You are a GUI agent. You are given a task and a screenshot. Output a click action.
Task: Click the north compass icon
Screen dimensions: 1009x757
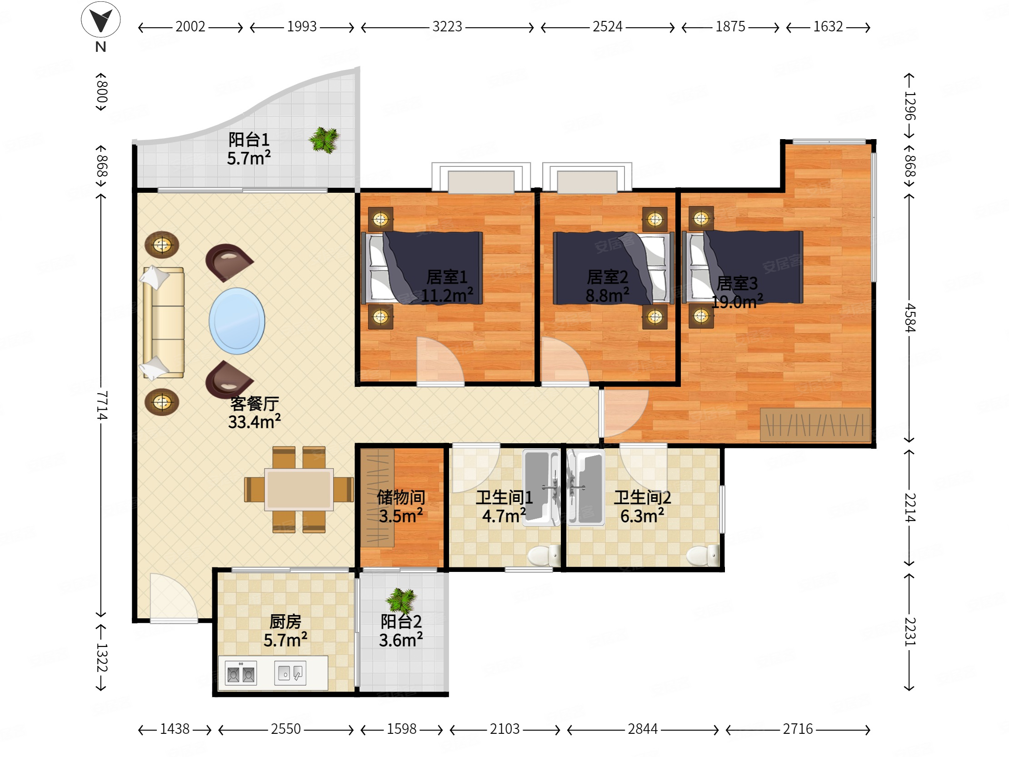click(x=101, y=20)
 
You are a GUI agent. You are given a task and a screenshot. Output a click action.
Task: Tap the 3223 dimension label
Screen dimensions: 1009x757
click(x=447, y=27)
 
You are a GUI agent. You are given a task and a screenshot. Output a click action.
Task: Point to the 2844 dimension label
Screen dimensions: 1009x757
click(x=642, y=729)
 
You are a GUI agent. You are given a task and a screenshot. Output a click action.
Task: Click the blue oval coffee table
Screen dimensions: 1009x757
click(x=237, y=321)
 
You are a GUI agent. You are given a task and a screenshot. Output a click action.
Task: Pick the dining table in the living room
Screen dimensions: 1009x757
click(x=299, y=490)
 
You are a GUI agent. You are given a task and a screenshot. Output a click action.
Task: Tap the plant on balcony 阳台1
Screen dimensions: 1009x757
click(x=325, y=140)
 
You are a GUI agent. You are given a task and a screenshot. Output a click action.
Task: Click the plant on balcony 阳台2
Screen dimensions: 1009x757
click(x=401, y=601)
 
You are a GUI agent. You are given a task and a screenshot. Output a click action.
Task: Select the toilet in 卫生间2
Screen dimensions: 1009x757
click(x=703, y=555)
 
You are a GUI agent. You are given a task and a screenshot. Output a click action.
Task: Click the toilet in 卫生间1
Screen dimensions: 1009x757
click(x=544, y=555)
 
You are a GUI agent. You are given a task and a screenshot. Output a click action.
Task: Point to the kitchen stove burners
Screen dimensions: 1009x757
click(x=241, y=673)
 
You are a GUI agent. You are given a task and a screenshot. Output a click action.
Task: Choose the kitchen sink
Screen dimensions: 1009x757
click(x=290, y=673)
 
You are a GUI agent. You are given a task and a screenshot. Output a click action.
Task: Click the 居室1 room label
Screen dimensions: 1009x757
click(x=447, y=277)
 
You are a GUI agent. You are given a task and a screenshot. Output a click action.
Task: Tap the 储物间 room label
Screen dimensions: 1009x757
click(x=401, y=497)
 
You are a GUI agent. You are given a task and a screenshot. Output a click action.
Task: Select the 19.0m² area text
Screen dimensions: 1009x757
click(x=737, y=301)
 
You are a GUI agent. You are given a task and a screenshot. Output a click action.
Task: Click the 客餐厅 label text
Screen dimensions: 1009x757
click(x=255, y=403)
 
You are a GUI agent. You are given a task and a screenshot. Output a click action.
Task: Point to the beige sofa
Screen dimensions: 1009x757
click(x=163, y=323)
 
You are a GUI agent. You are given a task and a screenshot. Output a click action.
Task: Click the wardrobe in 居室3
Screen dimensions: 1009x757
click(x=815, y=425)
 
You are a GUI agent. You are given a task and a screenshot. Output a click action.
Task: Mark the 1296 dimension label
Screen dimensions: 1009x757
click(x=909, y=105)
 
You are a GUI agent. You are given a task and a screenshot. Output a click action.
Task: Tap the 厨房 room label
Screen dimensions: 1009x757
click(x=285, y=622)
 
